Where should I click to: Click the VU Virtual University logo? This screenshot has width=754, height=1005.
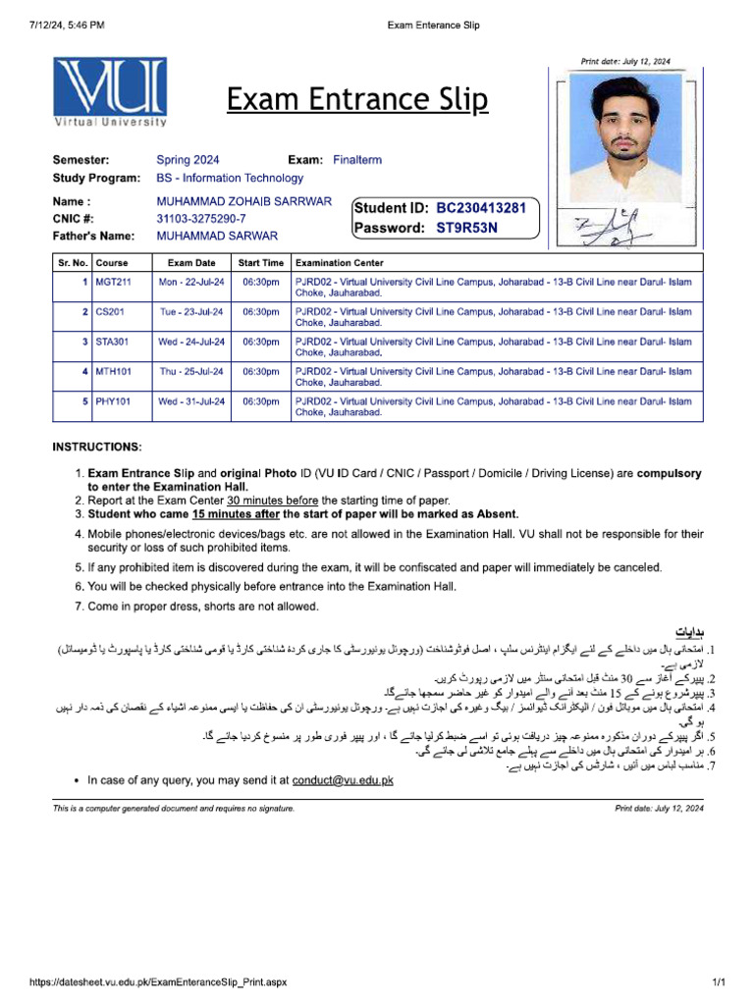pyautogui.click(x=110, y=92)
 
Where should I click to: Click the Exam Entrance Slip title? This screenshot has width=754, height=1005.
pyautogui.click(x=357, y=99)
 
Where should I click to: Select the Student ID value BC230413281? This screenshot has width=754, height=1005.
pyautogui.click(x=481, y=208)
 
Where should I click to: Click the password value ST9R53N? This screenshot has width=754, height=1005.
pyautogui.click(x=467, y=228)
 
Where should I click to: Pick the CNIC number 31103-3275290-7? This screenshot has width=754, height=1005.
pyautogui.click(x=201, y=219)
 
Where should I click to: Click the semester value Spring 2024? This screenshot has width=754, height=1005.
pyautogui.click(x=188, y=160)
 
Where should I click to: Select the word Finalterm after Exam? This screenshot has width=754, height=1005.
pyautogui.click(x=357, y=160)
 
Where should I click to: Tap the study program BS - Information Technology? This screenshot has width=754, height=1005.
pyautogui.click(x=230, y=178)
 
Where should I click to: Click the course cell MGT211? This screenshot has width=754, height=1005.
pyautogui.click(x=113, y=282)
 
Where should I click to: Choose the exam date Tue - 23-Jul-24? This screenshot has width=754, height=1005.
pyautogui.click(x=191, y=311)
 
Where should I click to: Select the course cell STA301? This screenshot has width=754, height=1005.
pyautogui.click(x=112, y=342)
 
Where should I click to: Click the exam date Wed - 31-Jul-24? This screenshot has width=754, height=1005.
pyautogui.click(x=191, y=401)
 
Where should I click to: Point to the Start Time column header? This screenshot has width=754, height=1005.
pyautogui.click(x=260, y=263)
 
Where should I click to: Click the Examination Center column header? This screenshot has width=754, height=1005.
pyautogui.click(x=340, y=263)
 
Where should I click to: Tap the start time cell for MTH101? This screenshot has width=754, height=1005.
pyautogui.click(x=260, y=372)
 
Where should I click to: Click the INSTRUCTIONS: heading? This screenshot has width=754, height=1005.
pyautogui.click(x=97, y=447)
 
